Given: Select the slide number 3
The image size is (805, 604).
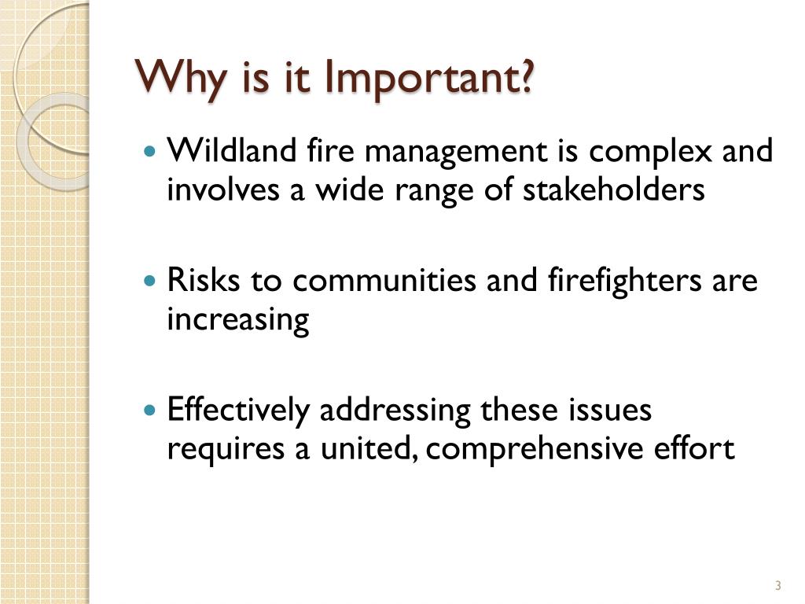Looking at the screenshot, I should [x=777, y=585].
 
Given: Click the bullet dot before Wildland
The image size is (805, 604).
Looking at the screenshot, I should [x=152, y=149].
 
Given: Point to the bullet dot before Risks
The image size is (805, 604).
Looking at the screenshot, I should [x=152, y=280].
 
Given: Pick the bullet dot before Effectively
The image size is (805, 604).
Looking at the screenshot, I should [x=152, y=410].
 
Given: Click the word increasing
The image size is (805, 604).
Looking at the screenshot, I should [x=238, y=321].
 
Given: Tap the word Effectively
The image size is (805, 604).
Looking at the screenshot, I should [x=239, y=411].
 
